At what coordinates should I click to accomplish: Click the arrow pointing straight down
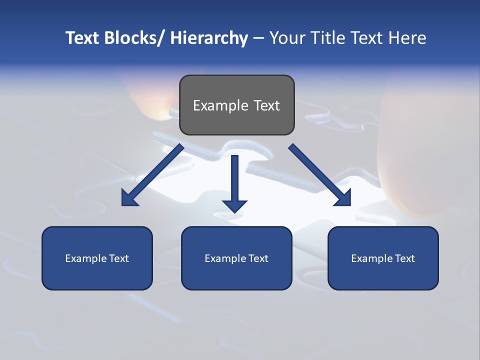(x=234, y=182)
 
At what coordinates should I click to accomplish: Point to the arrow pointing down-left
(x=152, y=175)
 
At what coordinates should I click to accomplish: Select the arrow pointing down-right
(x=320, y=175)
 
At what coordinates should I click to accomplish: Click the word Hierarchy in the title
(x=208, y=38)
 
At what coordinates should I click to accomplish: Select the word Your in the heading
(x=286, y=38)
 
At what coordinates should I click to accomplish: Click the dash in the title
(x=258, y=38)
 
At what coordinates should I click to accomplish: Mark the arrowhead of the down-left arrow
(x=129, y=198)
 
